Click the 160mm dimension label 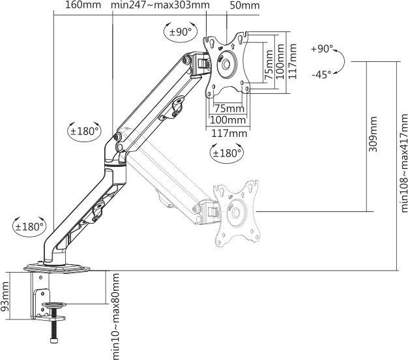[x=83, y=5]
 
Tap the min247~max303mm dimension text [x=160, y=5]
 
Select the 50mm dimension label [x=244, y=5]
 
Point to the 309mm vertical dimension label [x=373, y=134]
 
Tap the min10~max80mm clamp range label [x=115, y=316]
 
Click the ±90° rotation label [x=181, y=32]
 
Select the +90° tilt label [x=322, y=49]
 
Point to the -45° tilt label [x=321, y=75]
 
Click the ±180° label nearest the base [x=29, y=226]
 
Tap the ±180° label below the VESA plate [x=227, y=153]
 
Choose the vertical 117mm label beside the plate [x=293, y=61]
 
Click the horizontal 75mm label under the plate [x=229, y=108]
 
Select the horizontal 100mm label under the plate [x=227, y=120]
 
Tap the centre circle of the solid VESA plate [x=226, y=64]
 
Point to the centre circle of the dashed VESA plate [x=236, y=213]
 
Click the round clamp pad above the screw [x=54, y=305]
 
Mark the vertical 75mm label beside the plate [x=269, y=65]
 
